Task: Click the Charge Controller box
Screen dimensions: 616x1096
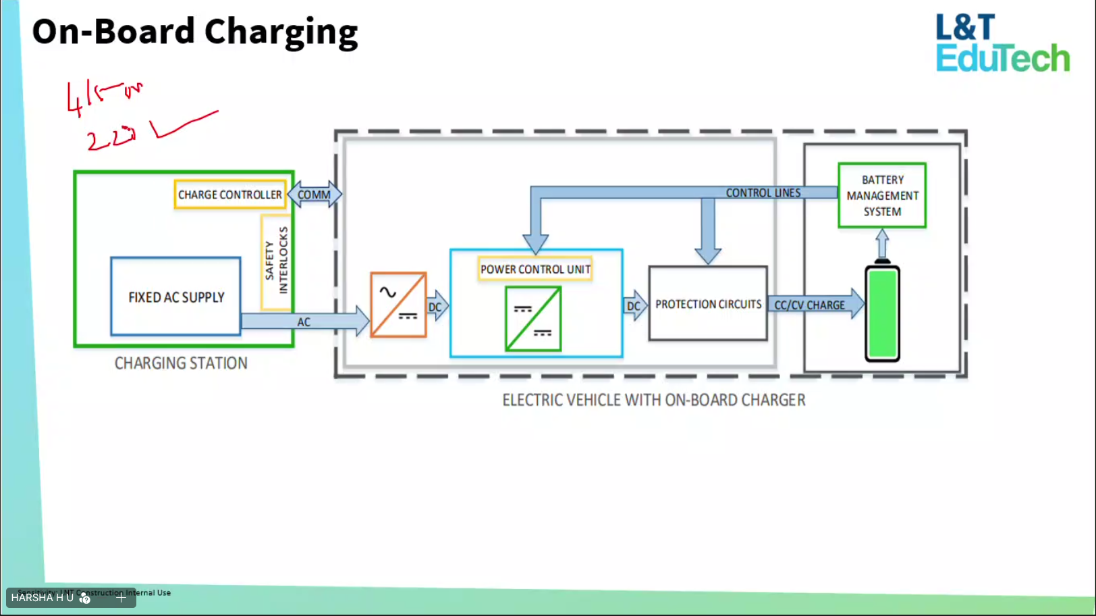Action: tap(229, 195)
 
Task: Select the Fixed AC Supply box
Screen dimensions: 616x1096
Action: tap(175, 297)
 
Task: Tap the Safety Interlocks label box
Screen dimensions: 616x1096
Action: tap(276, 261)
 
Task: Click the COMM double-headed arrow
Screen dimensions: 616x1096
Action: tap(314, 195)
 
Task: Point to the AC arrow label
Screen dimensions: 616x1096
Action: tap(304, 322)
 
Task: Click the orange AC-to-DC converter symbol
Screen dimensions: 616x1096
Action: tap(398, 305)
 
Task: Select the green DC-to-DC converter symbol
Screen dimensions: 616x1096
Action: tap(533, 319)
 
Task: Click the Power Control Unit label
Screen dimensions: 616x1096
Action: tap(535, 269)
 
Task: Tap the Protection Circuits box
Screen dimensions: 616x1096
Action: tap(708, 304)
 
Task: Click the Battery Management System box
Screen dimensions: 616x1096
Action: tap(882, 195)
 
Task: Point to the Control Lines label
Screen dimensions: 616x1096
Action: tap(763, 192)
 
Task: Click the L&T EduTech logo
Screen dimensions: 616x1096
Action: tap(1002, 43)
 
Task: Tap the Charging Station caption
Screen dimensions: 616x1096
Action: tap(181, 363)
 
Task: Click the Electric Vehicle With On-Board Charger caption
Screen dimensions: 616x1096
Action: tap(653, 400)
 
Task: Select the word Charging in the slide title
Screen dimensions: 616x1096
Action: tap(281, 32)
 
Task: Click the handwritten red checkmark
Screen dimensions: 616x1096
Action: tap(182, 124)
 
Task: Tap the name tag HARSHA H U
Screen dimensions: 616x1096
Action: tap(42, 598)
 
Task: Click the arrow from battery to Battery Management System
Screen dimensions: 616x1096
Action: tap(882, 243)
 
